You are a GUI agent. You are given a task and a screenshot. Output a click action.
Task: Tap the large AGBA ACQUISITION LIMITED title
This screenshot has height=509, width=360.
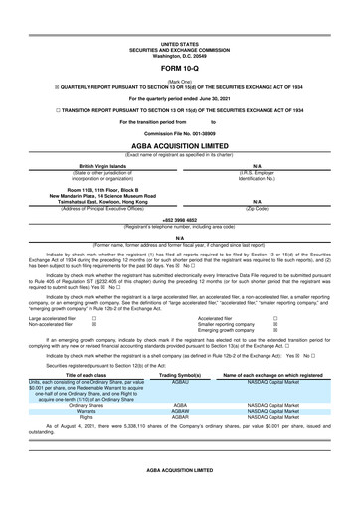point(179,143)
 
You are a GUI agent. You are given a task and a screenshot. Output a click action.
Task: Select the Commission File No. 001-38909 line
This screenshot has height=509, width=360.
point(179,132)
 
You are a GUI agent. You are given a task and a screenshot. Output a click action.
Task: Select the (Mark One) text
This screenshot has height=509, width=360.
point(179,80)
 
